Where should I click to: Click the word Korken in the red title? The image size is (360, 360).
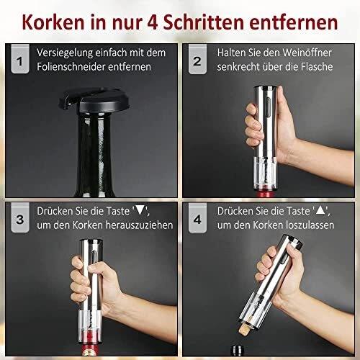pos(53,22)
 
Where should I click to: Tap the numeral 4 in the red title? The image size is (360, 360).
pos(152,22)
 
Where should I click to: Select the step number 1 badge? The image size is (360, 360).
pos(20,59)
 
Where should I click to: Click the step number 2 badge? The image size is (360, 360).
pos(197,59)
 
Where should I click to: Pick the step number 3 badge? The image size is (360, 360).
pos(20,217)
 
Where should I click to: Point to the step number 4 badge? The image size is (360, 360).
pos(197,217)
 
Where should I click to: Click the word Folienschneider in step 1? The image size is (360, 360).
pos(71,67)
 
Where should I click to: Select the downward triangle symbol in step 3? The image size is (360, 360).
pos(140,210)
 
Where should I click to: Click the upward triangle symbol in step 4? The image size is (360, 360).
pos(320,210)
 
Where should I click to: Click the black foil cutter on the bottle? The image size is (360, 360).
pos(94,100)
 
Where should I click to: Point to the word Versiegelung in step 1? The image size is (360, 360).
pos(65,53)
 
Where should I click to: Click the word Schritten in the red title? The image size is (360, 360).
pos(204,22)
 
